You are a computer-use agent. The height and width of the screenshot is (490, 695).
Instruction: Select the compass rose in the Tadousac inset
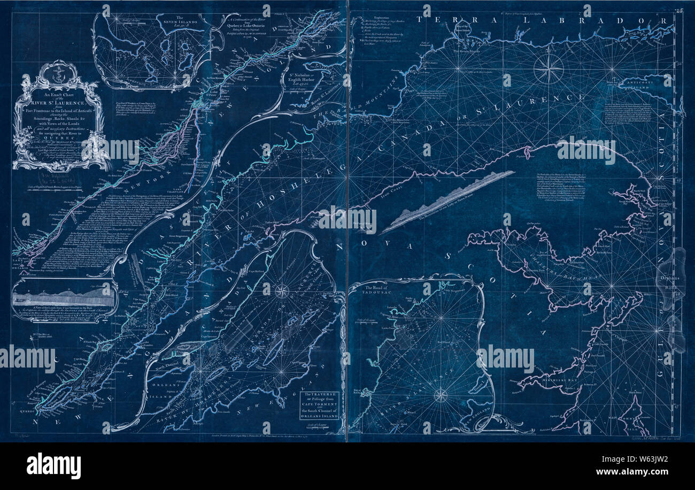point(440,395)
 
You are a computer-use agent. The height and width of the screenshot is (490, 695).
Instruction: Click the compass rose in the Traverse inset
point(282,291)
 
